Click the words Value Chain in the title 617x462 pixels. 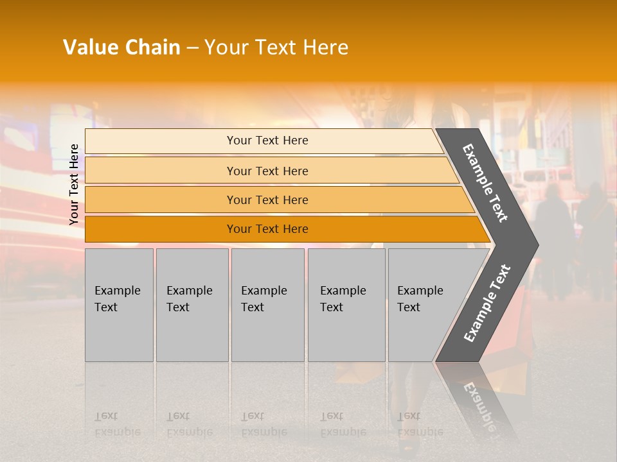pyautogui.click(x=121, y=47)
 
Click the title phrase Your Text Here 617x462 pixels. pyautogui.click(x=276, y=47)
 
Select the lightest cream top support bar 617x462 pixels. pyautogui.click(x=161, y=141)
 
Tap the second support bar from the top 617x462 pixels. pyautogui.click(x=161, y=171)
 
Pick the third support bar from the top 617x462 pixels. pyautogui.click(x=161, y=200)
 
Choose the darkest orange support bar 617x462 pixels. pyautogui.click(x=161, y=229)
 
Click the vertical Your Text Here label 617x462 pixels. pyautogui.click(x=74, y=184)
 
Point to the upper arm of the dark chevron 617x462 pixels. pyautogui.click(x=485, y=183)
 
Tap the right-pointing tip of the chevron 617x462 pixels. pyautogui.click(x=531, y=244)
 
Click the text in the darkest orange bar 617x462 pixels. pyautogui.click(x=267, y=229)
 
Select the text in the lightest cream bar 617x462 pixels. pyautogui.click(x=267, y=141)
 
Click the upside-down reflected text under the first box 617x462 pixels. pyautogui.click(x=118, y=424)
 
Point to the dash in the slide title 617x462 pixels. pyautogui.click(x=192, y=48)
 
